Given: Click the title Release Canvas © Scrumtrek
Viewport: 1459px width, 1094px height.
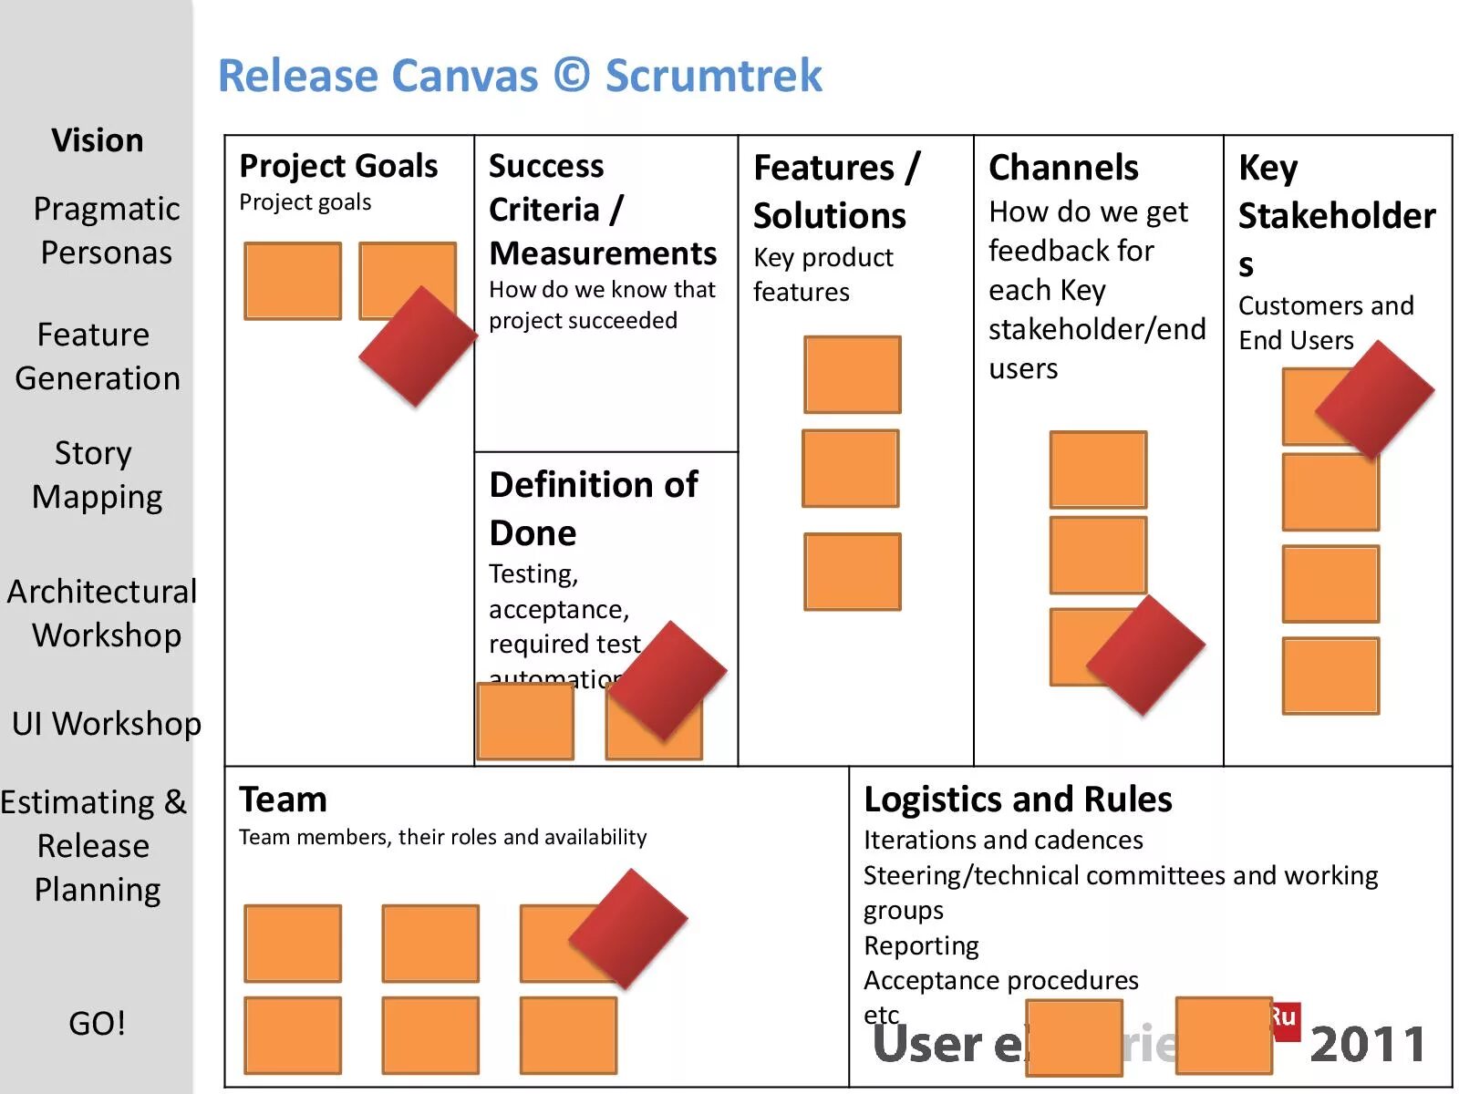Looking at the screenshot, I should click(x=520, y=76).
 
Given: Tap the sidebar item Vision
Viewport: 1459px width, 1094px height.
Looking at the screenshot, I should click(x=98, y=140).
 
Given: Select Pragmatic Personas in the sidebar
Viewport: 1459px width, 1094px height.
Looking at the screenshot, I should click(x=106, y=231).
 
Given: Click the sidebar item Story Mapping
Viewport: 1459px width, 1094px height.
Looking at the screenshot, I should click(x=97, y=475).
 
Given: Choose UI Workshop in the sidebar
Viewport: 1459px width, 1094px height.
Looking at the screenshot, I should click(x=106, y=723).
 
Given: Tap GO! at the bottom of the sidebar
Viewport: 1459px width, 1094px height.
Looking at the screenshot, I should click(x=97, y=1023).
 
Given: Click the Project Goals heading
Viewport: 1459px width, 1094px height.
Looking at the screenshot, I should click(x=338, y=166).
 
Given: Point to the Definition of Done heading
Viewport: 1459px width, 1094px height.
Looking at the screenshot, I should click(x=593, y=508).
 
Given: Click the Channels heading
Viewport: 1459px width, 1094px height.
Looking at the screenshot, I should click(x=1063, y=168).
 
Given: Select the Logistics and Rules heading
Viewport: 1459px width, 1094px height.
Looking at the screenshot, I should click(x=1018, y=800).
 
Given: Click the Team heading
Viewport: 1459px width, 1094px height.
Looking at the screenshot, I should click(x=283, y=800).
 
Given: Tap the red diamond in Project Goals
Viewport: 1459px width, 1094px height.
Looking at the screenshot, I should click(x=418, y=346).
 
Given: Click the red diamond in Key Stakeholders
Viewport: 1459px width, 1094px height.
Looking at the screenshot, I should click(x=1374, y=399).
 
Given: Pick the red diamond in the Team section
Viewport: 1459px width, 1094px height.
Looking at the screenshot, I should click(x=627, y=928).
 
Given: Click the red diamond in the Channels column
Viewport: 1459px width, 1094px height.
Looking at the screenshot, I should click(x=1146, y=654).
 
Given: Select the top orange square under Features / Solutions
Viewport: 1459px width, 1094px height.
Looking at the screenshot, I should click(x=852, y=375).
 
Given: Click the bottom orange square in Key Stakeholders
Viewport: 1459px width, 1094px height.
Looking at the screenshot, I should click(x=1330, y=676).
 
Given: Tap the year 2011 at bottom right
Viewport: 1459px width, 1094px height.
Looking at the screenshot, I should click(x=1368, y=1045).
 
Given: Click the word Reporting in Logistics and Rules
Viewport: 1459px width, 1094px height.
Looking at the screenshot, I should click(x=921, y=946).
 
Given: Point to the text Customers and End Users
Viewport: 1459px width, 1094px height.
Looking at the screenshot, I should click(x=1325, y=323).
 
